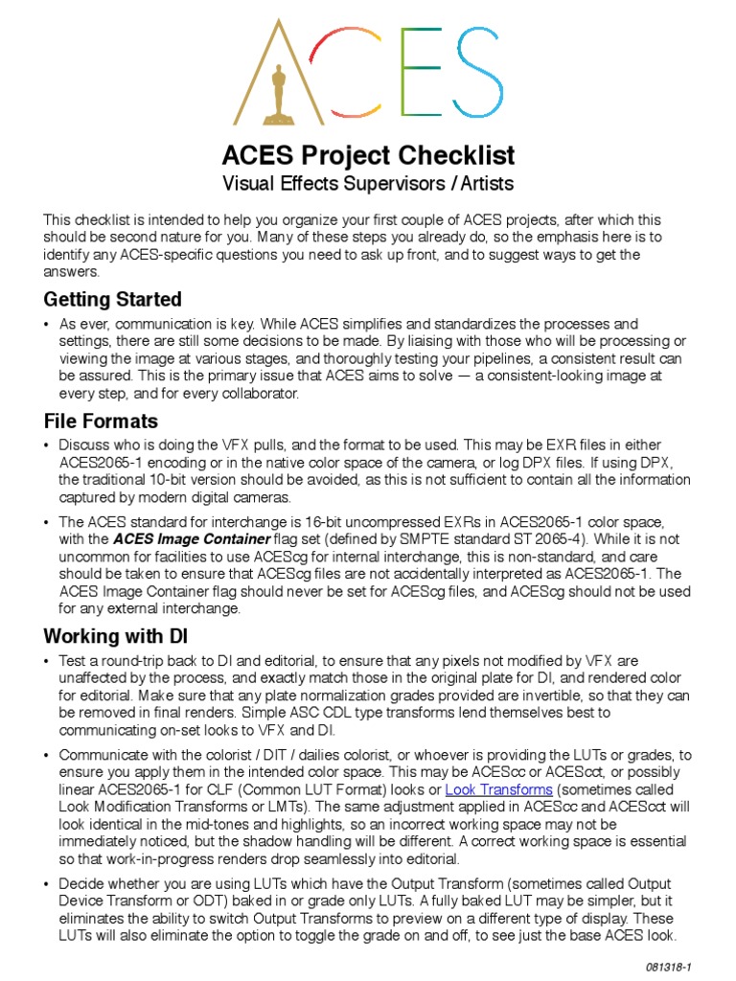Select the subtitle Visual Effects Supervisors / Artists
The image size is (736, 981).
pyautogui.click(x=368, y=183)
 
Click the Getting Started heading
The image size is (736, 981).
pyautogui.click(x=112, y=299)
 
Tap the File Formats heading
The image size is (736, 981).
pyautogui.click(x=101, y=421)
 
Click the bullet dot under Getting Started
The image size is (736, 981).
pyautogui.click(x=47, y=325)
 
